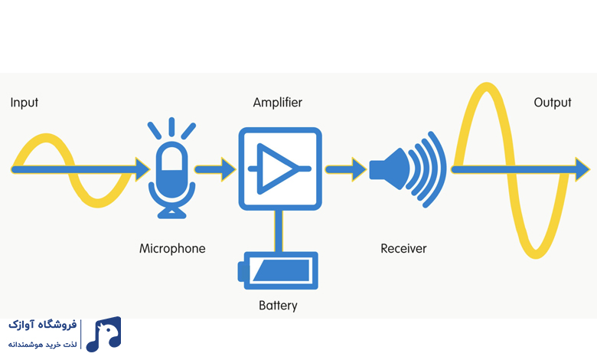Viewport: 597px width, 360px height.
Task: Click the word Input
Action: (x=24, y=103)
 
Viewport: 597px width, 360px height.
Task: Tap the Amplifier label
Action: (x=278, y=103)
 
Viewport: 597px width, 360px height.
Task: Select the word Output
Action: (x=553, y=103)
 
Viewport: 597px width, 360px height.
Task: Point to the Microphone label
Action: (x=172, y=248)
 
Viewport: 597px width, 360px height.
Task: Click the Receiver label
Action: (x=403, y=248)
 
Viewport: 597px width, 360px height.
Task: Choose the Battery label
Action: (x=278, y=306)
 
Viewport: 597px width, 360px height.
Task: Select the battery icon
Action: (x=278, y=270)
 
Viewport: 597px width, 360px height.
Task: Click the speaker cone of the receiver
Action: (x=389, y=169)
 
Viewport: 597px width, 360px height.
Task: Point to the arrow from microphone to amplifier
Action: (x=215, y=169)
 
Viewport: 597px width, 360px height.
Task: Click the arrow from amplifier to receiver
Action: (x=346, y=169)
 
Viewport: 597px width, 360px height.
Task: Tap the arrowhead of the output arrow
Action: (x=582, y=169)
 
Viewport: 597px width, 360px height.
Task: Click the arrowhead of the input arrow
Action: (x=143, y=169)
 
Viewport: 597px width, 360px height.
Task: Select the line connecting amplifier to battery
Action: (x=279, y=231)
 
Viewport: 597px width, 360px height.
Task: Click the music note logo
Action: (x=103, y=334)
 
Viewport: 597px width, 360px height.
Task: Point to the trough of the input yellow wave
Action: (x=98, y=204)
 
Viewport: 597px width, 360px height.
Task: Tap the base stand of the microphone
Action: (x=171, y=214)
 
